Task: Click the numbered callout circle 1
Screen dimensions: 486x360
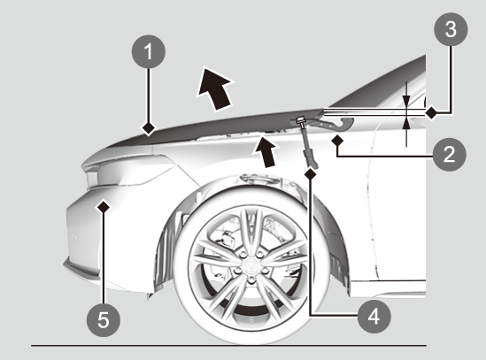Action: [x=149, y=51]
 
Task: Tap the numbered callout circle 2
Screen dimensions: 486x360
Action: [x=449, y=154]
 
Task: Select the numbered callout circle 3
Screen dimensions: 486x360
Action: [x=451, y=29]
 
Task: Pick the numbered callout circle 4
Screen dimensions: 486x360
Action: [x=374, y=317]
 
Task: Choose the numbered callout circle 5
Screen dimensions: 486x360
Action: [x=104, y=320]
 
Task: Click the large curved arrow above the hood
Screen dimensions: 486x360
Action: [x=215, y=88]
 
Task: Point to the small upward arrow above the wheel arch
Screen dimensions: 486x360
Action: [x=265, y=152]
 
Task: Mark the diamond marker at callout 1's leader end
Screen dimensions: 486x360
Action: [x=149, y=128]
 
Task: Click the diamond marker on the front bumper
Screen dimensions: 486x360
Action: [x=104, y=206]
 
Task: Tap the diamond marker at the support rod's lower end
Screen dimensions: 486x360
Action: [x=310, y=174]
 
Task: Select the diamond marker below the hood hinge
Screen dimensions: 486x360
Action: [x=337, y=141]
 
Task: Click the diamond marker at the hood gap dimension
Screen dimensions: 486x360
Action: [x=431, y=112]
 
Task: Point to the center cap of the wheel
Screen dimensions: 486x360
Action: [x=251, y=265]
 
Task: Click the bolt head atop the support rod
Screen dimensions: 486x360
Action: [x=300, y=119]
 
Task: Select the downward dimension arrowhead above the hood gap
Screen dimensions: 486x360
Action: [x=406, y=101]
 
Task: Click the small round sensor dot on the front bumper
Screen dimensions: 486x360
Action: [x=74, y=237]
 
